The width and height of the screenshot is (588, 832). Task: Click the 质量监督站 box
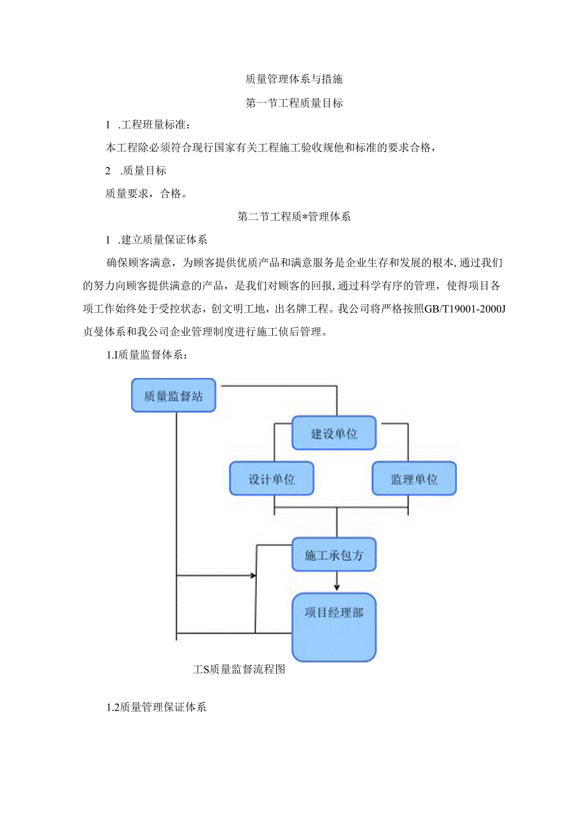coord(173,396)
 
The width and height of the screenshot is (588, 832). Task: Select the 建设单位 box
coord(334,433)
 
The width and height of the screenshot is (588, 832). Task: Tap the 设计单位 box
coord(272,478)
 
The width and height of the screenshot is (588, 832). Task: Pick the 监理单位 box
coord(414,478)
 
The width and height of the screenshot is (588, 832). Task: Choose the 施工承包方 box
coord(334,554)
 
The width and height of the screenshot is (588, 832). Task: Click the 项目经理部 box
coord(334,627)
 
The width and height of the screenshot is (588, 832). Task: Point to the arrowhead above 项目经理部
coord(337,586)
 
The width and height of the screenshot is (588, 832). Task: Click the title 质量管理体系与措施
coord(294,80)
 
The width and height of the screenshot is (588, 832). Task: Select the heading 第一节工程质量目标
coord(294,103)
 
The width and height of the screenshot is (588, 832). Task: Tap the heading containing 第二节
coord(294,216)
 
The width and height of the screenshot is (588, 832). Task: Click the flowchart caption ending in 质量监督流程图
coord(238,670)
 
